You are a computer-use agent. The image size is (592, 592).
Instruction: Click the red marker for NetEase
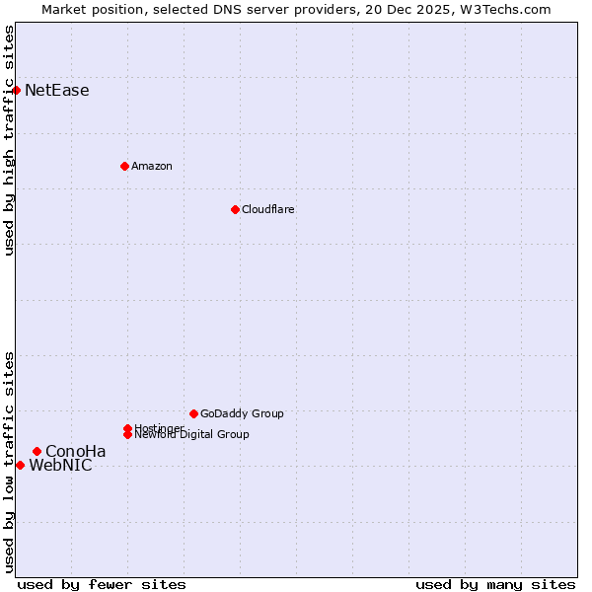[16, 90]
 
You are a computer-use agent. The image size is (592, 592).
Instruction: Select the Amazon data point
[124, 166]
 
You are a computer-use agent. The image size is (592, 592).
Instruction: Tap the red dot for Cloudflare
[235, 209]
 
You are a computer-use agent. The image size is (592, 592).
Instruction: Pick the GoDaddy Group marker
[193, 413]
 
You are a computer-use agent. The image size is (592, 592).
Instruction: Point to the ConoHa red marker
[37, 451]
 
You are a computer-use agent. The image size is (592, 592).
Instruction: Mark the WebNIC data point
[20, 465]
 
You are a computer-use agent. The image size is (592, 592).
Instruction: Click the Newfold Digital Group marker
[128, 434]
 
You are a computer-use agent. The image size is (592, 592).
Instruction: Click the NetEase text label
[56, 91]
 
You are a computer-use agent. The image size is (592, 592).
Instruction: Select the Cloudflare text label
[267, 209]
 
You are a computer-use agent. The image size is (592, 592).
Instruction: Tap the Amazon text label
[151, 166]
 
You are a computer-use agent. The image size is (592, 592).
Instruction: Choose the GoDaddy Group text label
[242, 413]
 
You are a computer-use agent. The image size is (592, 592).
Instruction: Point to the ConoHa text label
[75, 452]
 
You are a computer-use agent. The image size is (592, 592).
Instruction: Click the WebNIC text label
[60, 466]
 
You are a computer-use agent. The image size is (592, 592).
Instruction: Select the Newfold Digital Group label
[191, 434]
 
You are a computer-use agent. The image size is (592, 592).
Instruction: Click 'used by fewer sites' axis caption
[102, 584]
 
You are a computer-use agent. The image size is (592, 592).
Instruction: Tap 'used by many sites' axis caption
[495, 584]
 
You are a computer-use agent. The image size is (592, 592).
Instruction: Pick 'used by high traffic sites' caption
[10, 140]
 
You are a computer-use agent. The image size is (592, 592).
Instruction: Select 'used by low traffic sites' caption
[10, 462]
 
